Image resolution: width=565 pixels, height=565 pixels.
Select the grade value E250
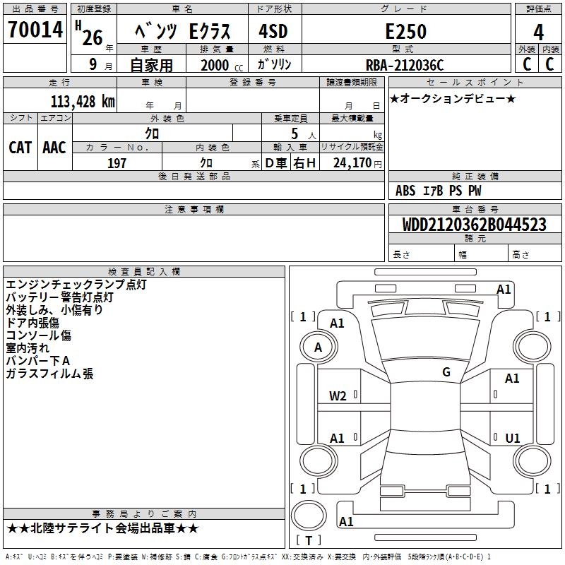click(405, 31)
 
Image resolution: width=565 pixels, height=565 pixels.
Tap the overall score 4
click(538, 32)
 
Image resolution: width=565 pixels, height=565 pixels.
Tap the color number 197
click(117, 163)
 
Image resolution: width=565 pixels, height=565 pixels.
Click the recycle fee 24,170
click(353, 163)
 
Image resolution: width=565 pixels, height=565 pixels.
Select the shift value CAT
click(20, 148)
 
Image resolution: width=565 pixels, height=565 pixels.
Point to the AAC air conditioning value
click(54, 148)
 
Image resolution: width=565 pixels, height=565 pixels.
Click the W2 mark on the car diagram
click(338, 396)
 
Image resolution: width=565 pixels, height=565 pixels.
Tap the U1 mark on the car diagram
click(513, 438)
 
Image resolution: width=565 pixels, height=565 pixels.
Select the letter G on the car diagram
click(446, 371)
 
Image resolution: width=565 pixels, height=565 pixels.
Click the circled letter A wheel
click(318, 347)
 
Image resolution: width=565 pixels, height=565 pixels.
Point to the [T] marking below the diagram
click(308, 540)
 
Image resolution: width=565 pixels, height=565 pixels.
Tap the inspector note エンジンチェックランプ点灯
click(76, 285)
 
